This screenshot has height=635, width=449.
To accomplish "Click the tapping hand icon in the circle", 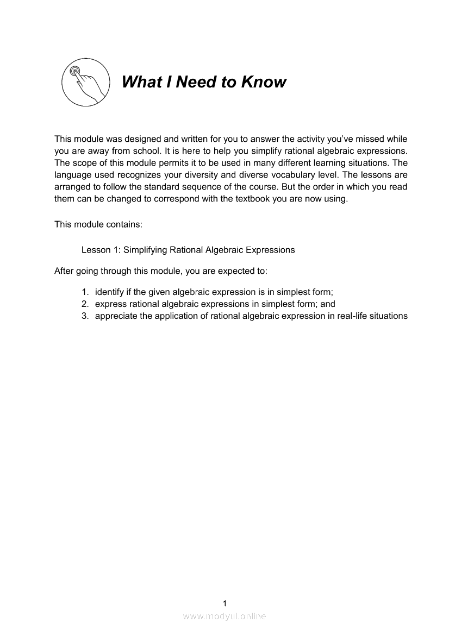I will tap(86, 83).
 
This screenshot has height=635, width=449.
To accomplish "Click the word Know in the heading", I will tap(263, 82).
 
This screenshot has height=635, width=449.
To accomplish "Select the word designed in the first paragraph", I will tap(136, 139).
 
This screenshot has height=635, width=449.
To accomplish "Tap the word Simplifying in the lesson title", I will tap(145, 250).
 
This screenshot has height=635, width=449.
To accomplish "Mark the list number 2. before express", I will tap(85, 304).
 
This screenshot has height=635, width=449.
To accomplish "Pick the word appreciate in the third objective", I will tap(116, 316).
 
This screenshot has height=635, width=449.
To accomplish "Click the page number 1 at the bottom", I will tap(224, 603).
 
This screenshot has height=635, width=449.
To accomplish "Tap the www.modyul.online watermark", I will tap(224, 616).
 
